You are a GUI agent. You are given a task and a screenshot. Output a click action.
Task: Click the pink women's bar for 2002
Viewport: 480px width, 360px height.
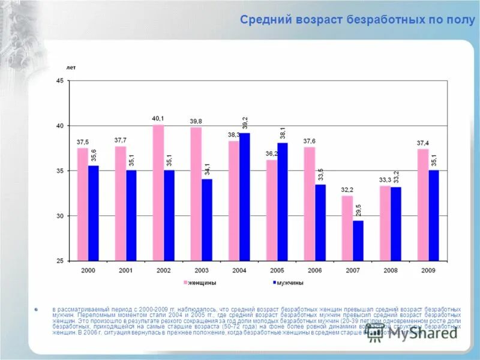click(x=158, y=193)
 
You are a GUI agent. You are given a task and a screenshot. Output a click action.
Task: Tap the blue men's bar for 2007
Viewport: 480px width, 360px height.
click(x=358, y=241)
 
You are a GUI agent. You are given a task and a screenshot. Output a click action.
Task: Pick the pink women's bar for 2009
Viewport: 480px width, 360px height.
click(x=423, y=205)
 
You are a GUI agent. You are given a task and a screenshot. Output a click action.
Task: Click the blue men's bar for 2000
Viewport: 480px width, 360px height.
click(x=93, y=213)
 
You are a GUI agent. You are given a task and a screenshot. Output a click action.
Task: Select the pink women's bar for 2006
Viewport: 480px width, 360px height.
click(x=309, y=204)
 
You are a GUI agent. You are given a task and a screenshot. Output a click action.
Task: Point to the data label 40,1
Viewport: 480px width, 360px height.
click(x=158, y=119)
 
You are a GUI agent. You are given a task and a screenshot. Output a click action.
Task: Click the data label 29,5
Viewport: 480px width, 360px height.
click(x=359, y=211)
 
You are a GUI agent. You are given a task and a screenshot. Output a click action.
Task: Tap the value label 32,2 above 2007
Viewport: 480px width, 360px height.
click(x=347, y=190)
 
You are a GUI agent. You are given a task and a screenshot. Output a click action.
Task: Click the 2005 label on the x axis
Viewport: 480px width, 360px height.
click(x=277, y=271)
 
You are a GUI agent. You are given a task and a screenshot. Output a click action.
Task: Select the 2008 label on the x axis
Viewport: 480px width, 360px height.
click(x=391, y=271)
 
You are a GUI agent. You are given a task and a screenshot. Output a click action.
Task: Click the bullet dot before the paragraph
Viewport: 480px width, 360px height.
click(x=36, y=309)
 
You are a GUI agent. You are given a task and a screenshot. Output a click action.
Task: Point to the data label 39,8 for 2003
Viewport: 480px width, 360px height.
click(x=196, y=121)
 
